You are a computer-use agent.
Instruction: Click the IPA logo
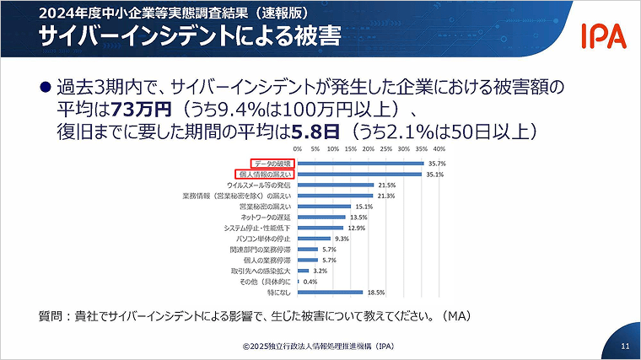click(602, 35)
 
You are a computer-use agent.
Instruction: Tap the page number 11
click(624, 346)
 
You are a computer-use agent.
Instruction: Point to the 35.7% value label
click(437, 163)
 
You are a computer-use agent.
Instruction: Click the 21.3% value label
click(386, 196)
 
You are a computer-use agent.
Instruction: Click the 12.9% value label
click(357, 228)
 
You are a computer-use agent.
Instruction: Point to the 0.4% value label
click(310, 282)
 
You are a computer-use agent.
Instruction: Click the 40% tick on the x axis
click(439, 148)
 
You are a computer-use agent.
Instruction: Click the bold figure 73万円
click(142, 109)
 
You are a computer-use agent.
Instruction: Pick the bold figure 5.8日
click(319, 131)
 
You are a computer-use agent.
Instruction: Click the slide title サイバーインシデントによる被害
click(152, 38)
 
